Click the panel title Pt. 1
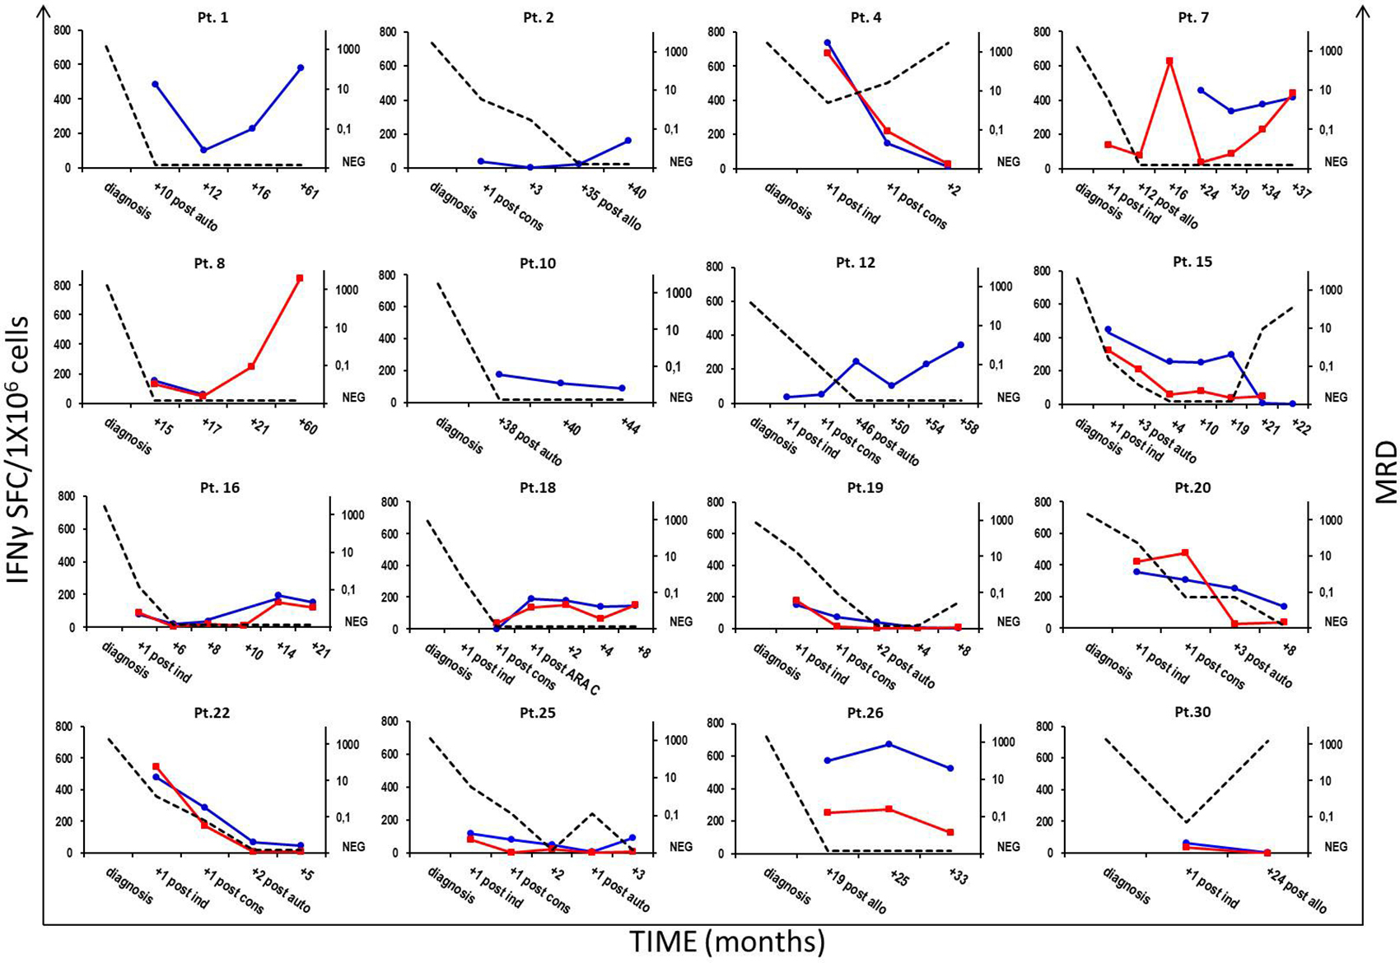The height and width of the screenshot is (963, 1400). [213, 17]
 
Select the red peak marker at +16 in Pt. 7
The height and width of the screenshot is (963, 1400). [1169, 61]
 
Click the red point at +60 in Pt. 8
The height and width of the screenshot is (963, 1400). [300, 278]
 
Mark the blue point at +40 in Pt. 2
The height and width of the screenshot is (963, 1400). [628, 141]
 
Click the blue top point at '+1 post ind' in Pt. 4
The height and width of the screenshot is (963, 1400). [828, 43]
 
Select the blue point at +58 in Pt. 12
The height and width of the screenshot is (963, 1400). [961, 345]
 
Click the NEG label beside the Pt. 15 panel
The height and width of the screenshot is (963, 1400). [1335, 397]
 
